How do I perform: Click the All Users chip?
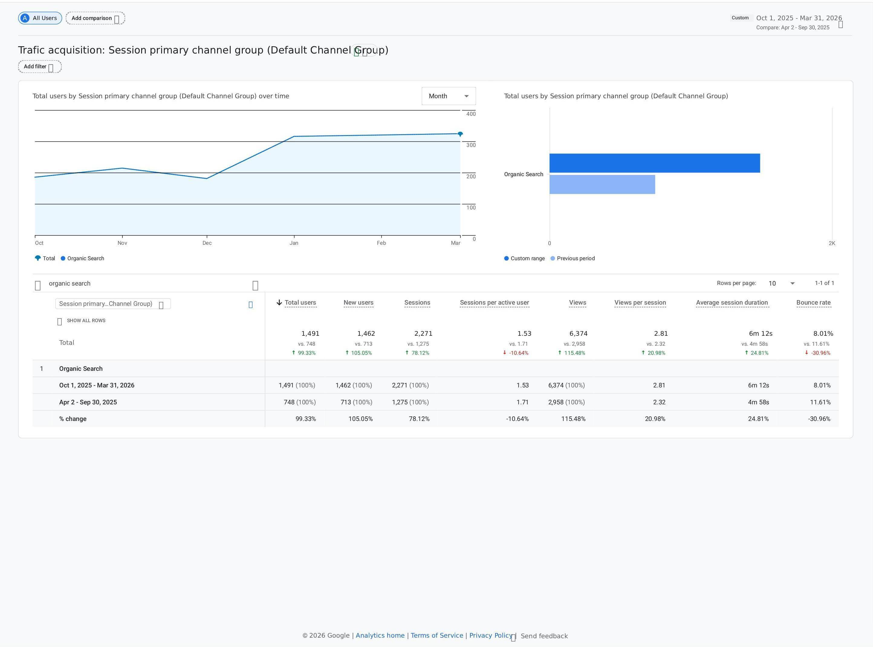pos(40,18)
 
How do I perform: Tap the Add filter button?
pos(40,66)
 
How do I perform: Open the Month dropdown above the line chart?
pos(449,96)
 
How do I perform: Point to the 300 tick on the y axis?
pos(471,145)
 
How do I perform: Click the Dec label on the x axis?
pos(207,243)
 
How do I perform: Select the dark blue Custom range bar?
pos(654,163)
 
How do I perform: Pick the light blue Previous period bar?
pos(602,184)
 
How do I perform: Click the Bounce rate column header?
pos(813,303)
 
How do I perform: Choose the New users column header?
pos(359,303)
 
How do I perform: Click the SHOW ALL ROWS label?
pos(86,320)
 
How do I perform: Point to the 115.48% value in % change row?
pos(573,419)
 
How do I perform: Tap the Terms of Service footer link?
pos(437,635)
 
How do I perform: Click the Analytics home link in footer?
pos(380,635)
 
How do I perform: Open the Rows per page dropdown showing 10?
pos(781,283)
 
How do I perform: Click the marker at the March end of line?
pos(460,134)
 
